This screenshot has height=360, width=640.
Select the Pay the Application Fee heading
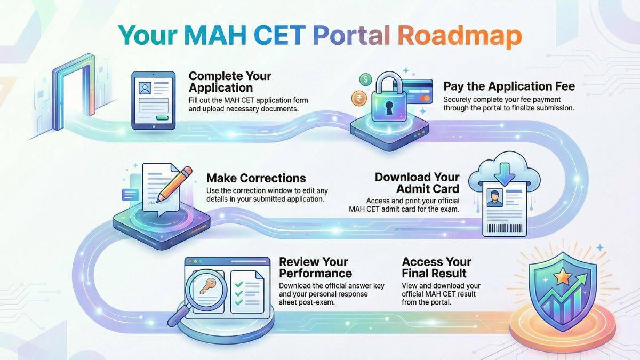[x=509, y=86]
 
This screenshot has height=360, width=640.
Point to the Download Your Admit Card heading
[x=417, y=183]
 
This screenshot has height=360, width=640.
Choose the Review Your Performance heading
[x=315, y=267]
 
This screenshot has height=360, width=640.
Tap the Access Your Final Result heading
[x=437, y=267]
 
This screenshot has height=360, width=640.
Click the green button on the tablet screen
[x=162, y=118]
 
